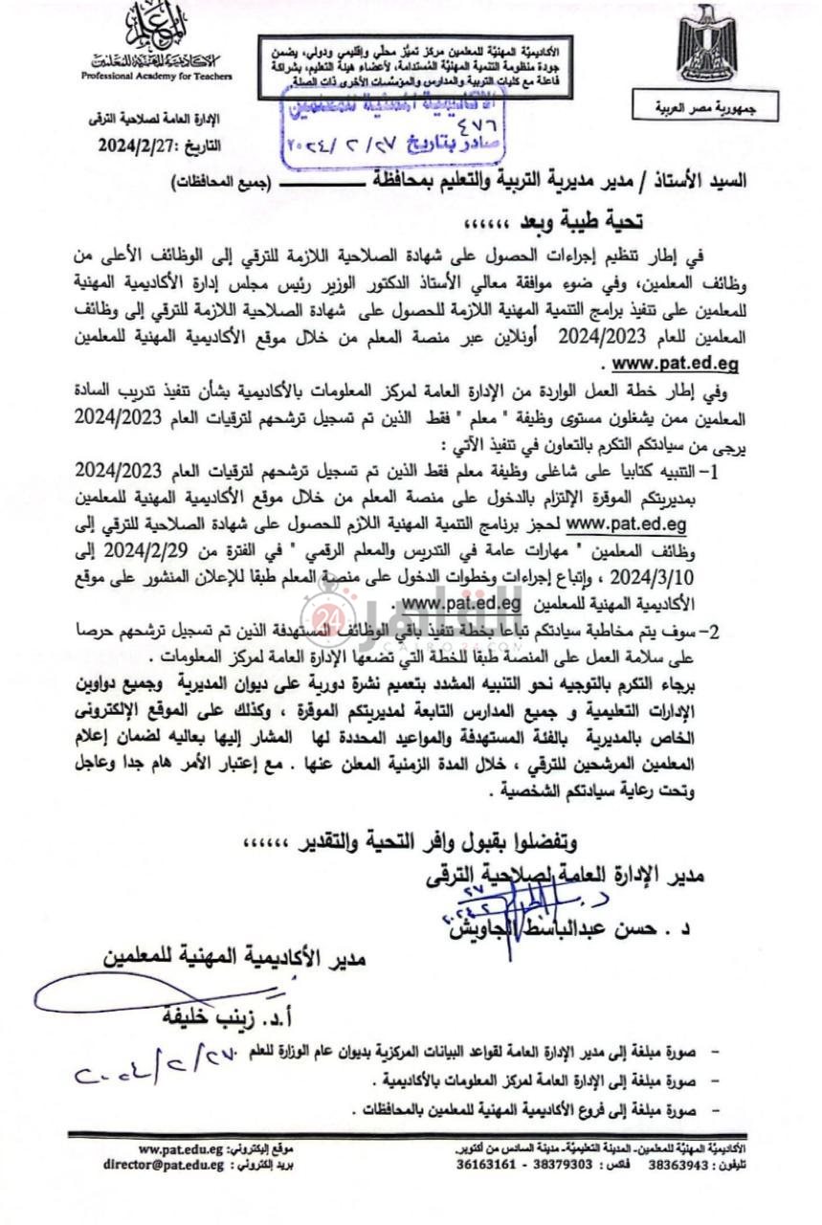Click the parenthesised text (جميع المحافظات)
pos(220,182)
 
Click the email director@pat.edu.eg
pos(164,1166)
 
